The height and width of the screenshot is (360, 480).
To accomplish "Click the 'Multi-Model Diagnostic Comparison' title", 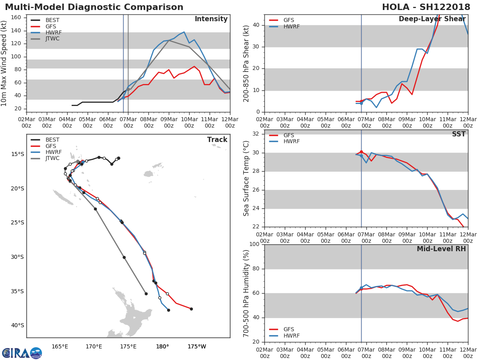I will point(94,7).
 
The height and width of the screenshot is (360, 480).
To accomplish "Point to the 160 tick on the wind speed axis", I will point(16,18).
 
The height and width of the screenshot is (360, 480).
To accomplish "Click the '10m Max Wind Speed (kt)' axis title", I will point(4,64).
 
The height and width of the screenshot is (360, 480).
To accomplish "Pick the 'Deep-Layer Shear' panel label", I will point(432,19).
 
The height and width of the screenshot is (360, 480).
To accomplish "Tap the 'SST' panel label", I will point(458,134).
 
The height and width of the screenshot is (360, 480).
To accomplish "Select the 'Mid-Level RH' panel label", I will point(441,249).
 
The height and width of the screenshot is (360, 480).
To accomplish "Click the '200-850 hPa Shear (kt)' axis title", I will point(247,63).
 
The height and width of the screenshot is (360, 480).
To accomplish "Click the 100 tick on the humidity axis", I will point(253,244).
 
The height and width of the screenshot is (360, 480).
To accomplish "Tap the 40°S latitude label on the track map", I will point(18,325).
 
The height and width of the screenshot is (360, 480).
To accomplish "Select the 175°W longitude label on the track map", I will point(197,346).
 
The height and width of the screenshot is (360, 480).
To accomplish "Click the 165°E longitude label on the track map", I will point(60,346).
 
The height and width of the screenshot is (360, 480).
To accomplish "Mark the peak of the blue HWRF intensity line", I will point(184,32).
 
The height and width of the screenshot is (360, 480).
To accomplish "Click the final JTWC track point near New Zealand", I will point(146,294).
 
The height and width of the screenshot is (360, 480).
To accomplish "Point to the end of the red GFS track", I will point(191,309).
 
